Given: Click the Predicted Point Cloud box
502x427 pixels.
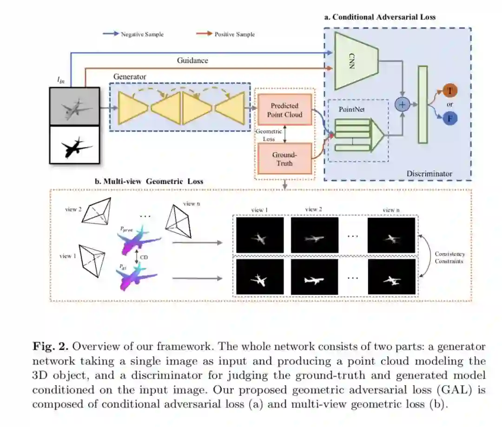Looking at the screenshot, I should tap(284, 110).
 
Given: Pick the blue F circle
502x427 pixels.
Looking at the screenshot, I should tap(449, 118).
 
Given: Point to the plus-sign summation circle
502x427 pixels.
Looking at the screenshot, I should tap(402, 105).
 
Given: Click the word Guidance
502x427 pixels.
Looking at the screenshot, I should tap(192, 60).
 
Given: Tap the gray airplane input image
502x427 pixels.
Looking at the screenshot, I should tap(74, 107).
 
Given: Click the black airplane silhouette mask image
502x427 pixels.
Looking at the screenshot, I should tap(74, 145).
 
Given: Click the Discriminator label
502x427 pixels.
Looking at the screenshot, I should tap(429, 173).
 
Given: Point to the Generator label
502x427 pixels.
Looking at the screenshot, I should tap(130, 76).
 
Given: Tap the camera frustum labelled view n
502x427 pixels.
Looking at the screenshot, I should tap(178, 220).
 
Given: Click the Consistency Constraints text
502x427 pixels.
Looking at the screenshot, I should tap(449, 258).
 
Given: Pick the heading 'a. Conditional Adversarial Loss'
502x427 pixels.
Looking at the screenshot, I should tap(380, 17).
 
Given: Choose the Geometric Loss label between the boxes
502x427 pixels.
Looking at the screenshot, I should tap(269, 135).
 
